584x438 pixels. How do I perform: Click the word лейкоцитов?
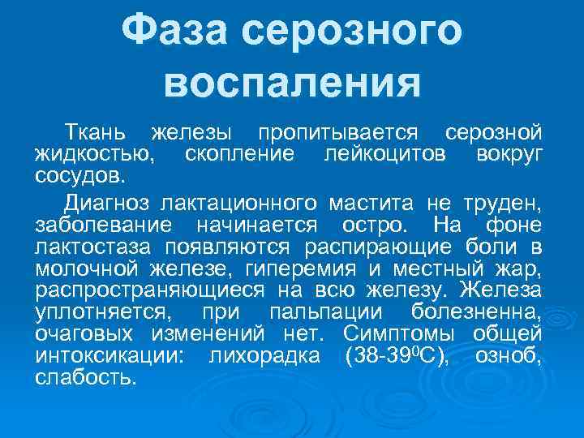click(384, 153)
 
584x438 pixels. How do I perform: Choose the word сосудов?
click(79, 174)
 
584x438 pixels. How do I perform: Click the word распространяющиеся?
click(157, 290)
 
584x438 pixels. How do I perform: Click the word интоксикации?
click(113, 355)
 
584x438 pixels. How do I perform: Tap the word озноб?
click(516, 355)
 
